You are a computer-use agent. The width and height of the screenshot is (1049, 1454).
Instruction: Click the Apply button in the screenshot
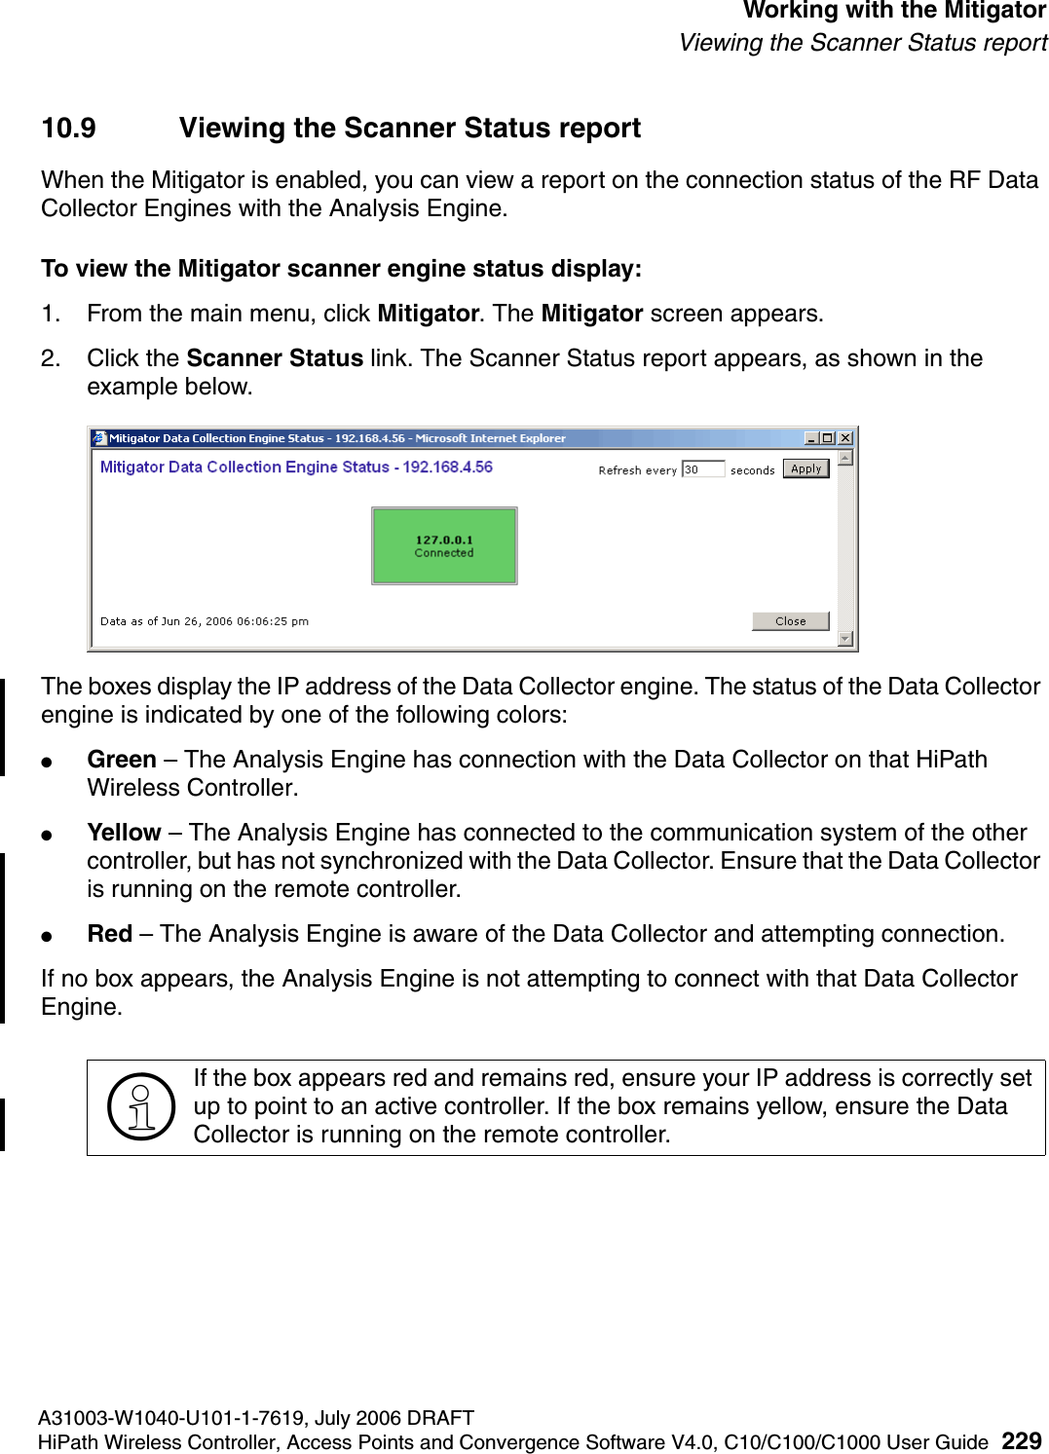point(805,468)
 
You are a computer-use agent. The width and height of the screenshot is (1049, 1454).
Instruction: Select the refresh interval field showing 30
point(702,469)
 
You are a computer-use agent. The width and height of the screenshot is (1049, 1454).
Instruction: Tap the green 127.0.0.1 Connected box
point(444,545)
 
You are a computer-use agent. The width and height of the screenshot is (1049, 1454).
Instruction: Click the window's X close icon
point(845,438)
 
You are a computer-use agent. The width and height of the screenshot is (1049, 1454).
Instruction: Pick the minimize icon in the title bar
point(811,438)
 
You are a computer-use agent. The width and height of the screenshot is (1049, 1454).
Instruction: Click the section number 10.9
point(68,129)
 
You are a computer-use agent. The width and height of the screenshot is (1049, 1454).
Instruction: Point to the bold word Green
point(122,760)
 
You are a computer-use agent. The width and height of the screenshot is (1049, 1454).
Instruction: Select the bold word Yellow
point(124,833)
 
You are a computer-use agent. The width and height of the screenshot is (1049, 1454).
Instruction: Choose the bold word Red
point(110,934)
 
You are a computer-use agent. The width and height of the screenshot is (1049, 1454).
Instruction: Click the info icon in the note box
point(141,1107)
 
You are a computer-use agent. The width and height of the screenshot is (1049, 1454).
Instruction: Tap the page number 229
point(1022,1441)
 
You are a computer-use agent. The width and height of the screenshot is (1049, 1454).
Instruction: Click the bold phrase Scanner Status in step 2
point(275,358)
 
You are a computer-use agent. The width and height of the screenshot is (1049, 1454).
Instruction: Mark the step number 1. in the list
point(51,314)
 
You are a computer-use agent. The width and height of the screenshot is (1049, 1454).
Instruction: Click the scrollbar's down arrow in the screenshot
point(845,639)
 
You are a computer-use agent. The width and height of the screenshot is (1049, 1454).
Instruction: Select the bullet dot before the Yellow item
point(46,835)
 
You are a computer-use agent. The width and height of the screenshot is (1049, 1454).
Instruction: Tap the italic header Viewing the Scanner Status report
point(863,43)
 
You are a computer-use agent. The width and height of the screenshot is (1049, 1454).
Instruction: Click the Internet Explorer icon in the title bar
point(99,438)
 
